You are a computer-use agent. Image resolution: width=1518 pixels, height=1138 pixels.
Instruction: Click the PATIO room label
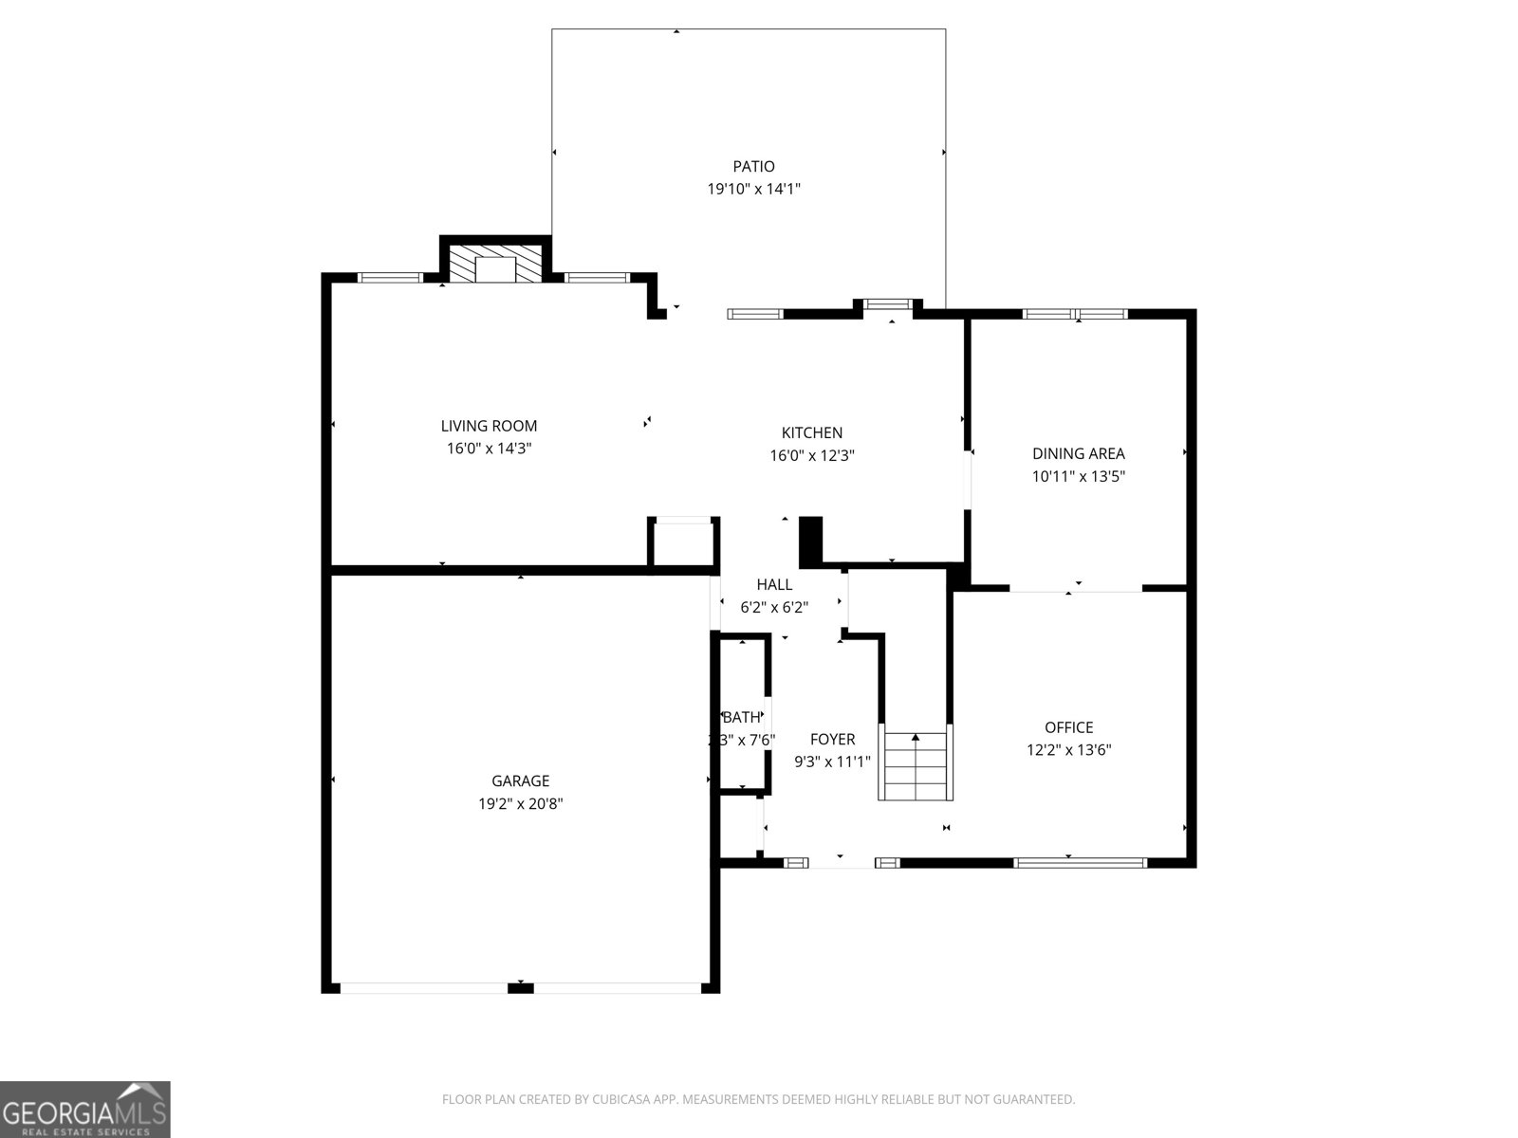(x=753, y=167)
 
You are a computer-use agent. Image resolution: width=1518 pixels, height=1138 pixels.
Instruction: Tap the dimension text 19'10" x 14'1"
(x=753, y=189)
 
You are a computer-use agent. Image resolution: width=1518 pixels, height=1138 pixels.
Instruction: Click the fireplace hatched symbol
(x=493, y=266)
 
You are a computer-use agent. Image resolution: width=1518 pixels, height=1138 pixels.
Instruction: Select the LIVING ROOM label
(x=489, y=427)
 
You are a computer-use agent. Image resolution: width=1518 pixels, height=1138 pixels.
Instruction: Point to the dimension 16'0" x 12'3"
(x=812, y=455)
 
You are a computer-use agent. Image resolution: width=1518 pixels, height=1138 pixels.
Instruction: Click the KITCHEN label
(x=812, y=433)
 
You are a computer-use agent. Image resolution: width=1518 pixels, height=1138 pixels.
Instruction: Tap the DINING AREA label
(x=1079, y=454)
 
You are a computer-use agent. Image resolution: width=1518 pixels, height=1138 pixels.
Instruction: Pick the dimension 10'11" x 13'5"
(x=1079, y=477)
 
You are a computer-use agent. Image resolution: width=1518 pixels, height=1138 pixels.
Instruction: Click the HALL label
(x=774, y=585)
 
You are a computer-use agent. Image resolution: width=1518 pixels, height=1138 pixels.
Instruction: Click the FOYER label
(x=832, y=740)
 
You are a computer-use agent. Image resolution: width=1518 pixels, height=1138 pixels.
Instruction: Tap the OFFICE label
(x=1069, y=727)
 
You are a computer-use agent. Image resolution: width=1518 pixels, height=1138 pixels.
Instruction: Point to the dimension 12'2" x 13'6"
(x=1069, y=750)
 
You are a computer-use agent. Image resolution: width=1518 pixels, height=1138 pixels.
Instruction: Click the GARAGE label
(x=520, y=781)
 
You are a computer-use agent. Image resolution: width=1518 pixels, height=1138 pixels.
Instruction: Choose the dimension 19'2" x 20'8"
(x=520, y=804)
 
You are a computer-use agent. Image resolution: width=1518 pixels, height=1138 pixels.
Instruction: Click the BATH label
(x=741, y=718)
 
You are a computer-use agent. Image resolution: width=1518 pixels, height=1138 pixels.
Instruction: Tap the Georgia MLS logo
(x=85, y=1110)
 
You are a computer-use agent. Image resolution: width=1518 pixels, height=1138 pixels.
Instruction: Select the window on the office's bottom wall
(x=1080, y=863)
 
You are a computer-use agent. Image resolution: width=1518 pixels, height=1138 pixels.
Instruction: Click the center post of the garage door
(x=521, y=988)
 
